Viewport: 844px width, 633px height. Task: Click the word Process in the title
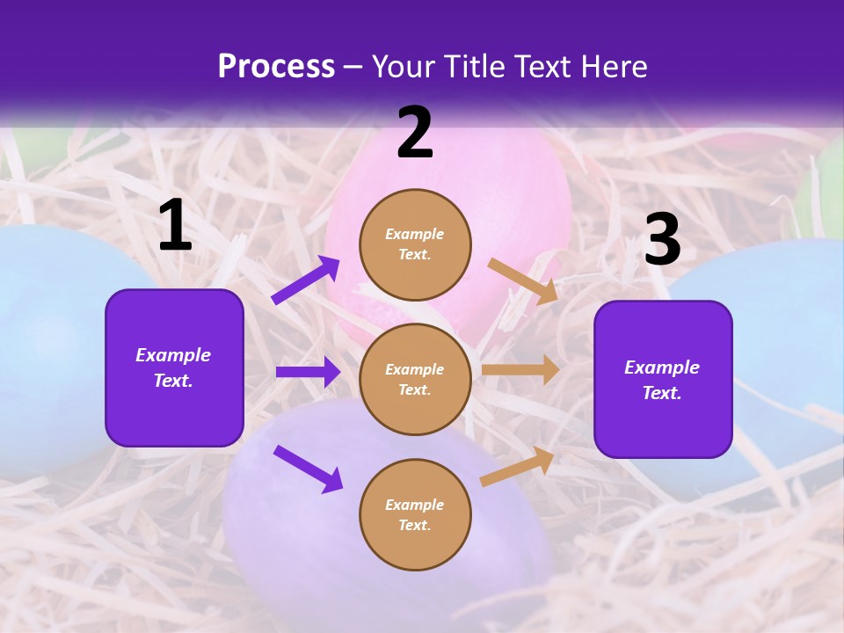[x=276, y=67]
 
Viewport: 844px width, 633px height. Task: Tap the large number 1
[x=175, y=226]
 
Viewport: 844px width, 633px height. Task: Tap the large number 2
[x=415, y=133]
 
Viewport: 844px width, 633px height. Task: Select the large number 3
[x=662, y=240]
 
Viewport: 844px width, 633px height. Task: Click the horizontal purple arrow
[x=308, y=372]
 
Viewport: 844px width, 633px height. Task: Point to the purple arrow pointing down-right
[x=308, y=469]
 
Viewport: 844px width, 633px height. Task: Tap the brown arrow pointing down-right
[x=523, y=280]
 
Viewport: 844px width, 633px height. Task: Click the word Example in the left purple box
[x=173, y=355]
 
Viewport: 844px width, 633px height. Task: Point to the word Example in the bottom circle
[x=414, y=505]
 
